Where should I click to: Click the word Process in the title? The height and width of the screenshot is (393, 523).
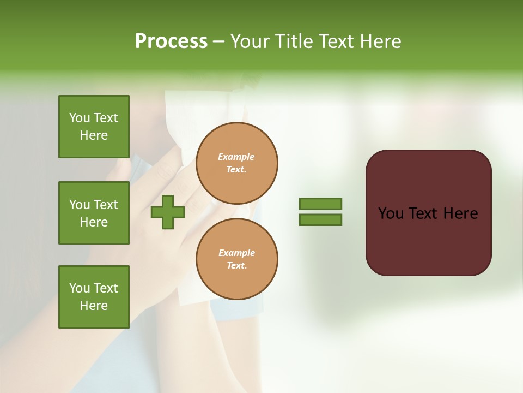[x=171, y=41]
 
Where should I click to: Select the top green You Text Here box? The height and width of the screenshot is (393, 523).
[x=94, y=127]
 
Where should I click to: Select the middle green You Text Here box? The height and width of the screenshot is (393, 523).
[x=94, y=213]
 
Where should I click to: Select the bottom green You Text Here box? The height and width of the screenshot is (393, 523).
[x=94, y=297]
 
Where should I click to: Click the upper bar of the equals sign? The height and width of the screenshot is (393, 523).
[x=320, y=204]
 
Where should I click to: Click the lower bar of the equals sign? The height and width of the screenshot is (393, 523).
[x=320, y=220]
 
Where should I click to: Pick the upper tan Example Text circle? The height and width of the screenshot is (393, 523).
[x=236, y=163]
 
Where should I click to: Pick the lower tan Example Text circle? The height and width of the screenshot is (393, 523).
[x=236, y=259]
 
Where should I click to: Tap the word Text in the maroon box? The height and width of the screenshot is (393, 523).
[x=424, y=213]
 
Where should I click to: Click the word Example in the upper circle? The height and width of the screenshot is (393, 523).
[x=236, y=157]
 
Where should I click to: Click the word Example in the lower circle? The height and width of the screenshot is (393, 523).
[x=236, y=253]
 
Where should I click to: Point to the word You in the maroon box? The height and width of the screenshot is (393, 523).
[x=391, y=213]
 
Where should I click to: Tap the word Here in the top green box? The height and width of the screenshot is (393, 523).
[x=94, y=135]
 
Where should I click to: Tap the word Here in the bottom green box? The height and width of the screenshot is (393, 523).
[x=94, y=306]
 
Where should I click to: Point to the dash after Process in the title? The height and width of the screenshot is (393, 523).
[x=219, y=42]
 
